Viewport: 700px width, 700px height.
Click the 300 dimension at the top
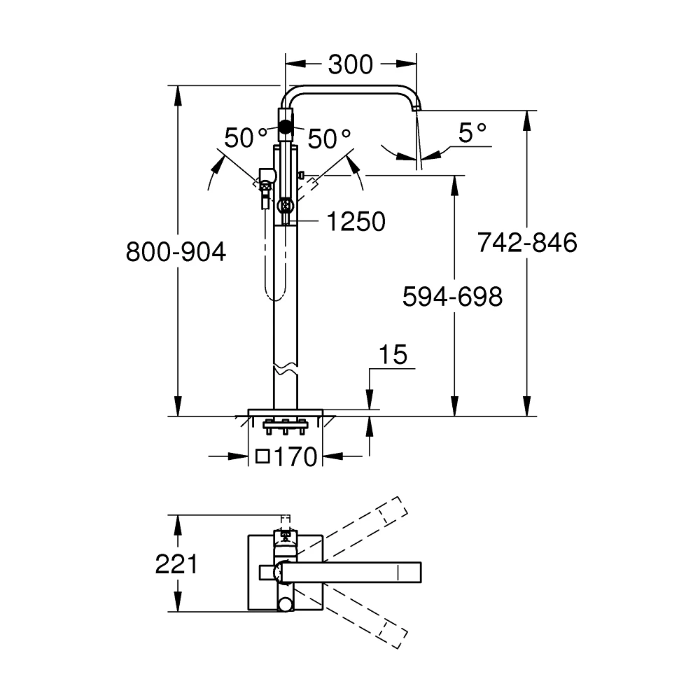(350, 64)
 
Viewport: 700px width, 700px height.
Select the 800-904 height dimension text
(176, 251)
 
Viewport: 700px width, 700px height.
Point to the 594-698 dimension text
(452, 297)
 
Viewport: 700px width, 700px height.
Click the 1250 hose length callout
(356, 222)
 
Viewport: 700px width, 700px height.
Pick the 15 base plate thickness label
(393, 355)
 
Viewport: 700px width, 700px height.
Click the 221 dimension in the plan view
(176, 563)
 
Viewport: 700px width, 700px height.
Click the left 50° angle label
(246, 138)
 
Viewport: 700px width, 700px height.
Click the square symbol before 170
(263, 457)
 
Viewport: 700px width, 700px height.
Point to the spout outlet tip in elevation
(416, 108)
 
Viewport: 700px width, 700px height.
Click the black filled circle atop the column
(285, 127)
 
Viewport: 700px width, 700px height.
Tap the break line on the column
(286, 369)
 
